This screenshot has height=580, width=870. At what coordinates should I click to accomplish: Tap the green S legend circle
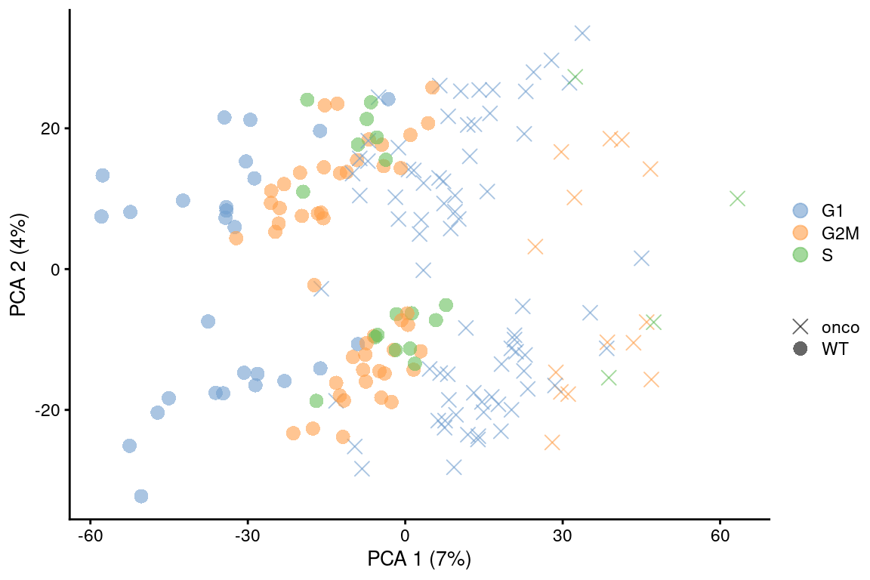pyautogui.click(x=800, y=255)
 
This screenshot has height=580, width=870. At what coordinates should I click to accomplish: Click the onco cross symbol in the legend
pyautogui.click(x=800, y=327)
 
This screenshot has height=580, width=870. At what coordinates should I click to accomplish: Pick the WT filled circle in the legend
pyautogui.click(x=800, y=349)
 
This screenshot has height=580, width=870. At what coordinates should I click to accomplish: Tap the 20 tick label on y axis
pyautogui.click(x=51, y=128)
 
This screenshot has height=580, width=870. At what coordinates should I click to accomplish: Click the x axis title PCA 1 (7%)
pyautogui.click(x=419, y=560)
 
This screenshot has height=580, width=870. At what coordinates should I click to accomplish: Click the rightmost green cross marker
pyautogui.click(x=737, y=199)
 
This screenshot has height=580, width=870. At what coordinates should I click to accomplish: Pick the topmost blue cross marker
pyautogui.click(x=582, y=32)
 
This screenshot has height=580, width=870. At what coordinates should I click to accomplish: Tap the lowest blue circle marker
pyautogui.click(x=140, y=496)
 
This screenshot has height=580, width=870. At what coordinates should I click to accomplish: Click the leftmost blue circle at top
pyautogui.click(x=102, y=175)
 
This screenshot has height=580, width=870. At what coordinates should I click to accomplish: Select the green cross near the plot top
pyautogui.click(x=575, y=77)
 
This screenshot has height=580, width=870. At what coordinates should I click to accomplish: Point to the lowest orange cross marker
pyautogui.click(x=552, y=442)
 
